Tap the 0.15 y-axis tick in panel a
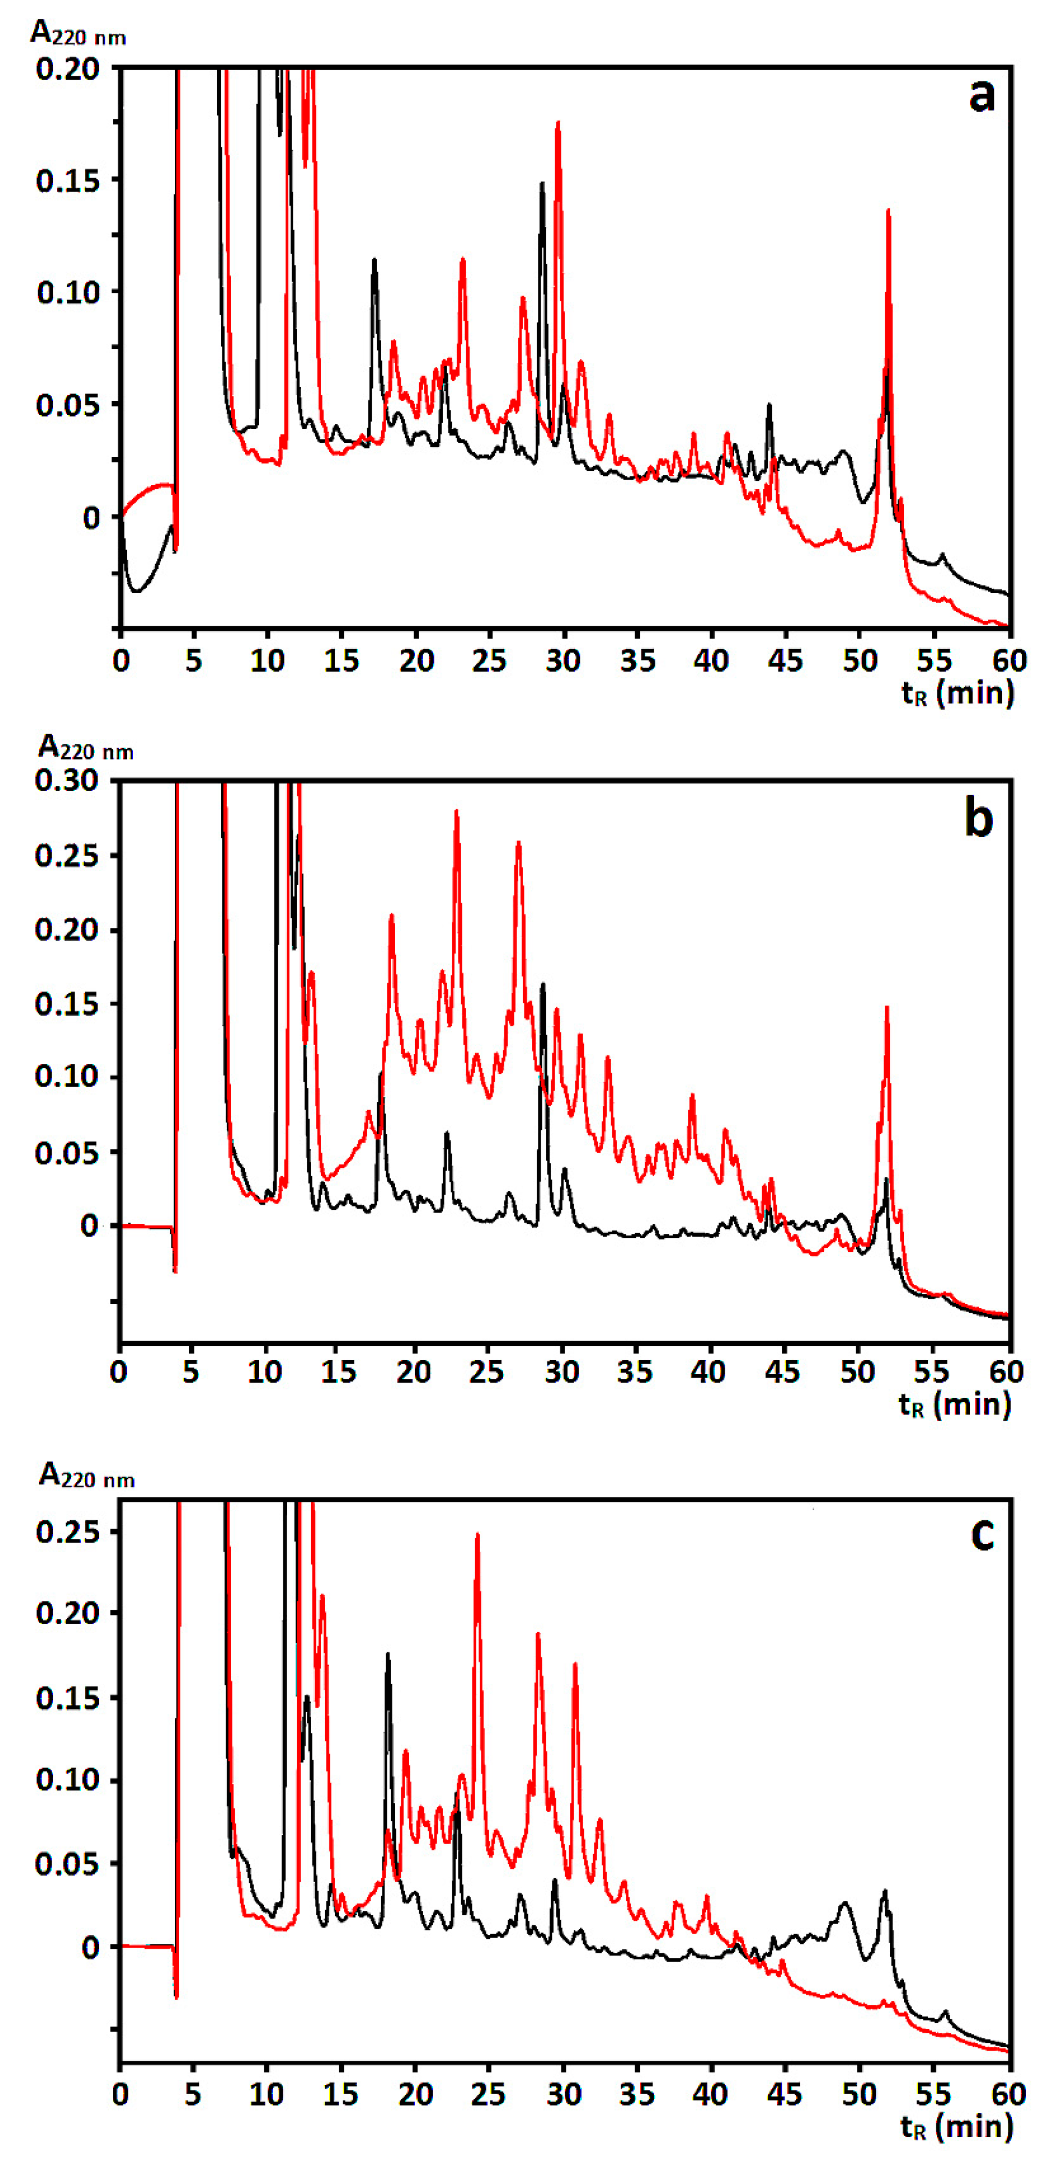67,180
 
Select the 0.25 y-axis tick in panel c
67,1531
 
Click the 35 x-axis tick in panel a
637,660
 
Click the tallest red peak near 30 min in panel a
558,125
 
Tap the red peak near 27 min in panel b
518,843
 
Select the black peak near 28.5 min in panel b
543,985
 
